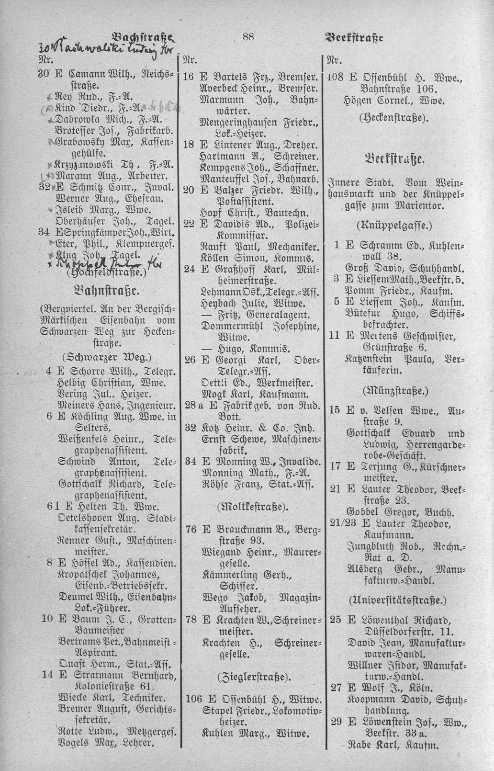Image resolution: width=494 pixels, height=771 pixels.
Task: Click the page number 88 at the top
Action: click(248, 36)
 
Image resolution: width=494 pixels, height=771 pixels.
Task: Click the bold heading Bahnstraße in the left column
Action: click(106, 290)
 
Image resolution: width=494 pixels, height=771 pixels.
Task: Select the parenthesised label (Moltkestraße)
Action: click(249, 506)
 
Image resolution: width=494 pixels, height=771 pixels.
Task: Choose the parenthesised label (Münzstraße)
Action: click(397, 390)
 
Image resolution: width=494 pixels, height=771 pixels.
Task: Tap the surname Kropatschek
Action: click(90, 574)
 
